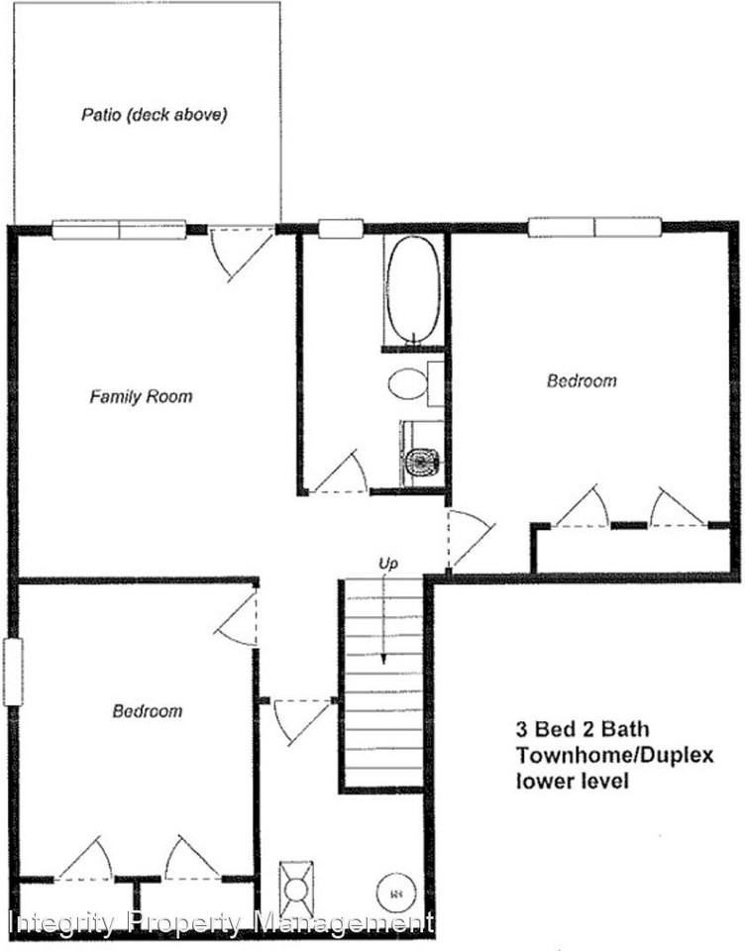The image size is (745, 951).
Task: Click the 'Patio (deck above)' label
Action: point(154,115)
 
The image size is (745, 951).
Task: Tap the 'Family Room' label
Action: point(141,397)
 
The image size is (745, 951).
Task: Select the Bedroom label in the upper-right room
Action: point(582,380)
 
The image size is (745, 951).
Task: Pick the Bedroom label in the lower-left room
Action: point(147,711)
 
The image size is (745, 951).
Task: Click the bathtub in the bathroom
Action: point(412,289)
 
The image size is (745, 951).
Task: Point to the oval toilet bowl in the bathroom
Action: point(405,383)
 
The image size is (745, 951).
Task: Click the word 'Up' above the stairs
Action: point(387,564)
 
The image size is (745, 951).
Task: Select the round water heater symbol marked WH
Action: point(395,892)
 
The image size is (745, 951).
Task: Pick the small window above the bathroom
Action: point(341,229)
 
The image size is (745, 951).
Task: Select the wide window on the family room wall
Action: point(119,230)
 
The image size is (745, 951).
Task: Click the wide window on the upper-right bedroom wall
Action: point(594,228)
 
